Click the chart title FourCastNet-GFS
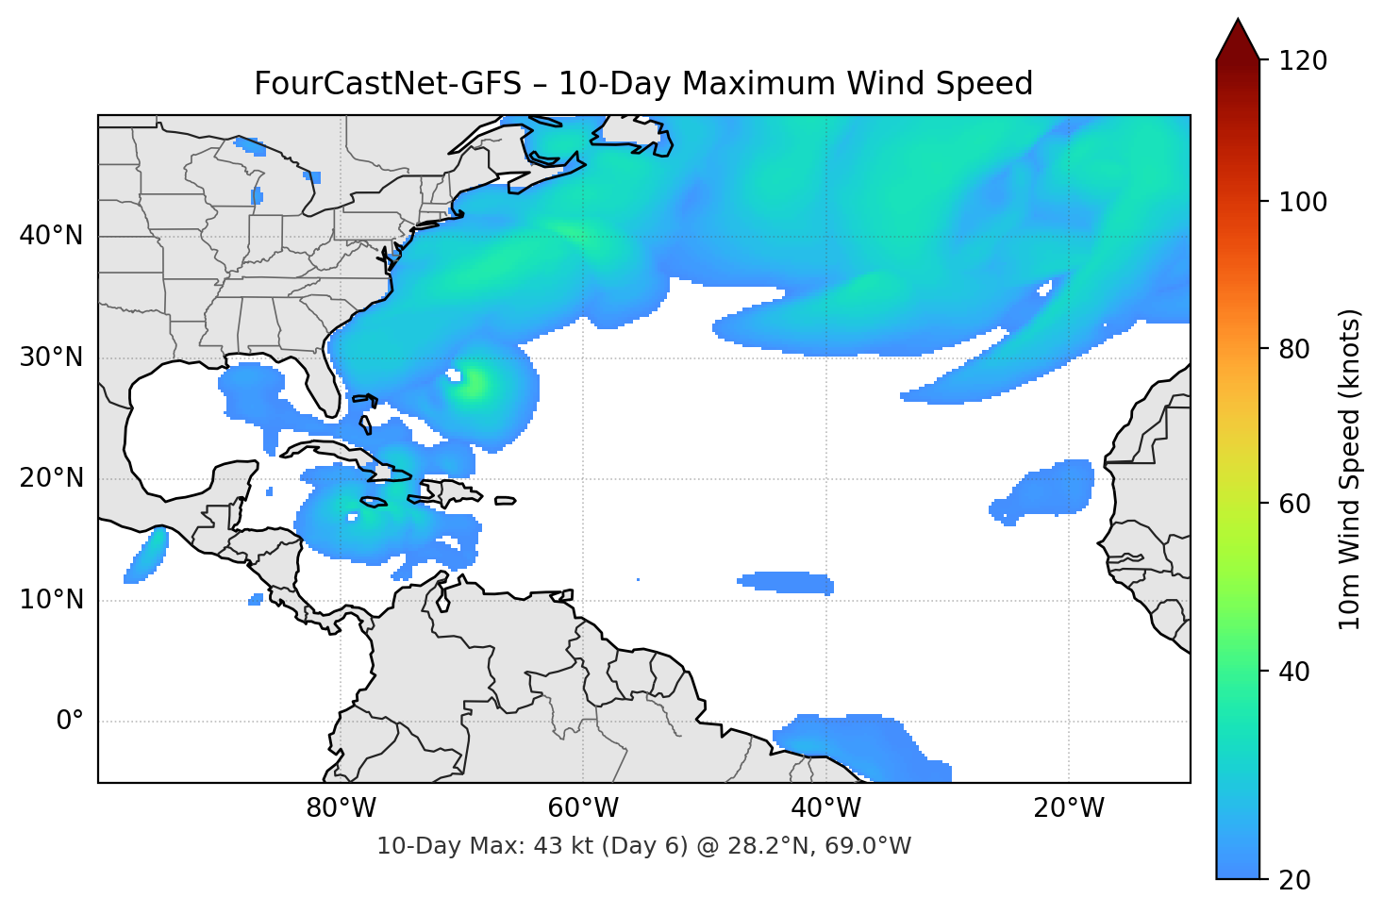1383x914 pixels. [643, 84]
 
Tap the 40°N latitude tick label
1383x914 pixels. [51, 236]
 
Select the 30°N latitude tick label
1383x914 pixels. [51, 357]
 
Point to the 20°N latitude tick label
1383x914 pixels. [51, 478]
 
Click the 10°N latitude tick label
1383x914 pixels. [51, 600]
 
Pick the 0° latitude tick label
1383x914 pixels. [70, 722]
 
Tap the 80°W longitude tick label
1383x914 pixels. [341, 808]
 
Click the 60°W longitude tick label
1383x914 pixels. [583, 808]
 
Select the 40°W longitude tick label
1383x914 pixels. [825, 808]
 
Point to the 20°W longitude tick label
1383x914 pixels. [1068, 808]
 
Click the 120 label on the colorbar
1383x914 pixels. [1303, 60]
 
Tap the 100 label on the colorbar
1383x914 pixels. [1303, 202]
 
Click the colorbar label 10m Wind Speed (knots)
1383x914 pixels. [1350, 469]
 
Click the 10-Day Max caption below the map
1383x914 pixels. [643, 846]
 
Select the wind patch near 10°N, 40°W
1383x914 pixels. [786, 582]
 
